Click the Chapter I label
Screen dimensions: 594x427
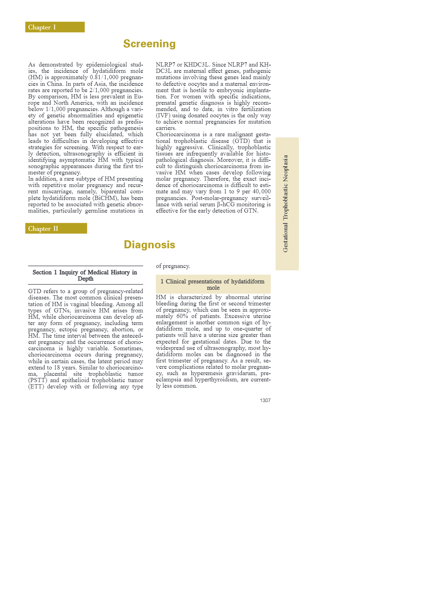(42, 27)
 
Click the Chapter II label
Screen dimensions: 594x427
(43, 229)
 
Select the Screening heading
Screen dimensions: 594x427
(149, 44)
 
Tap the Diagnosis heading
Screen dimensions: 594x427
(149, 244)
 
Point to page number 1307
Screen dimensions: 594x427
(265, 400)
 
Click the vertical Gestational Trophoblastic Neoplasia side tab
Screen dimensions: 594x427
(286, 203)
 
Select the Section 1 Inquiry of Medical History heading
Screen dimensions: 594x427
(85, 275)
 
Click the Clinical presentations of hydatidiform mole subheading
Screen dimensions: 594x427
(213, 284)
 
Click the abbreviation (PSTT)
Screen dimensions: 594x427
(38, 380)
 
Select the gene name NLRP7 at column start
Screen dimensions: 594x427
(165, 65)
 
